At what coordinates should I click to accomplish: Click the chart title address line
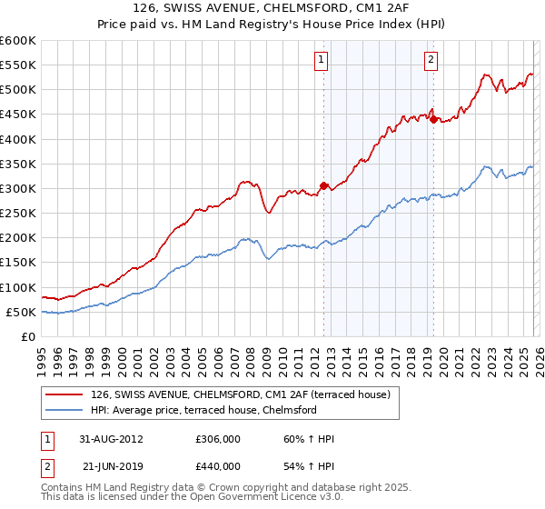point(272,9)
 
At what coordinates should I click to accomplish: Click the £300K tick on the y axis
point(18,188)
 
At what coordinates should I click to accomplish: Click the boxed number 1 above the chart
point(322,61)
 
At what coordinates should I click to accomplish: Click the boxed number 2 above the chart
point(430,61)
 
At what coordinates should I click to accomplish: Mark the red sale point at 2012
point(324,185)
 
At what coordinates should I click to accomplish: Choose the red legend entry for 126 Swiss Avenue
point(241,394)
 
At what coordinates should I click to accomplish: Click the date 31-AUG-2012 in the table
point(111,439)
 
